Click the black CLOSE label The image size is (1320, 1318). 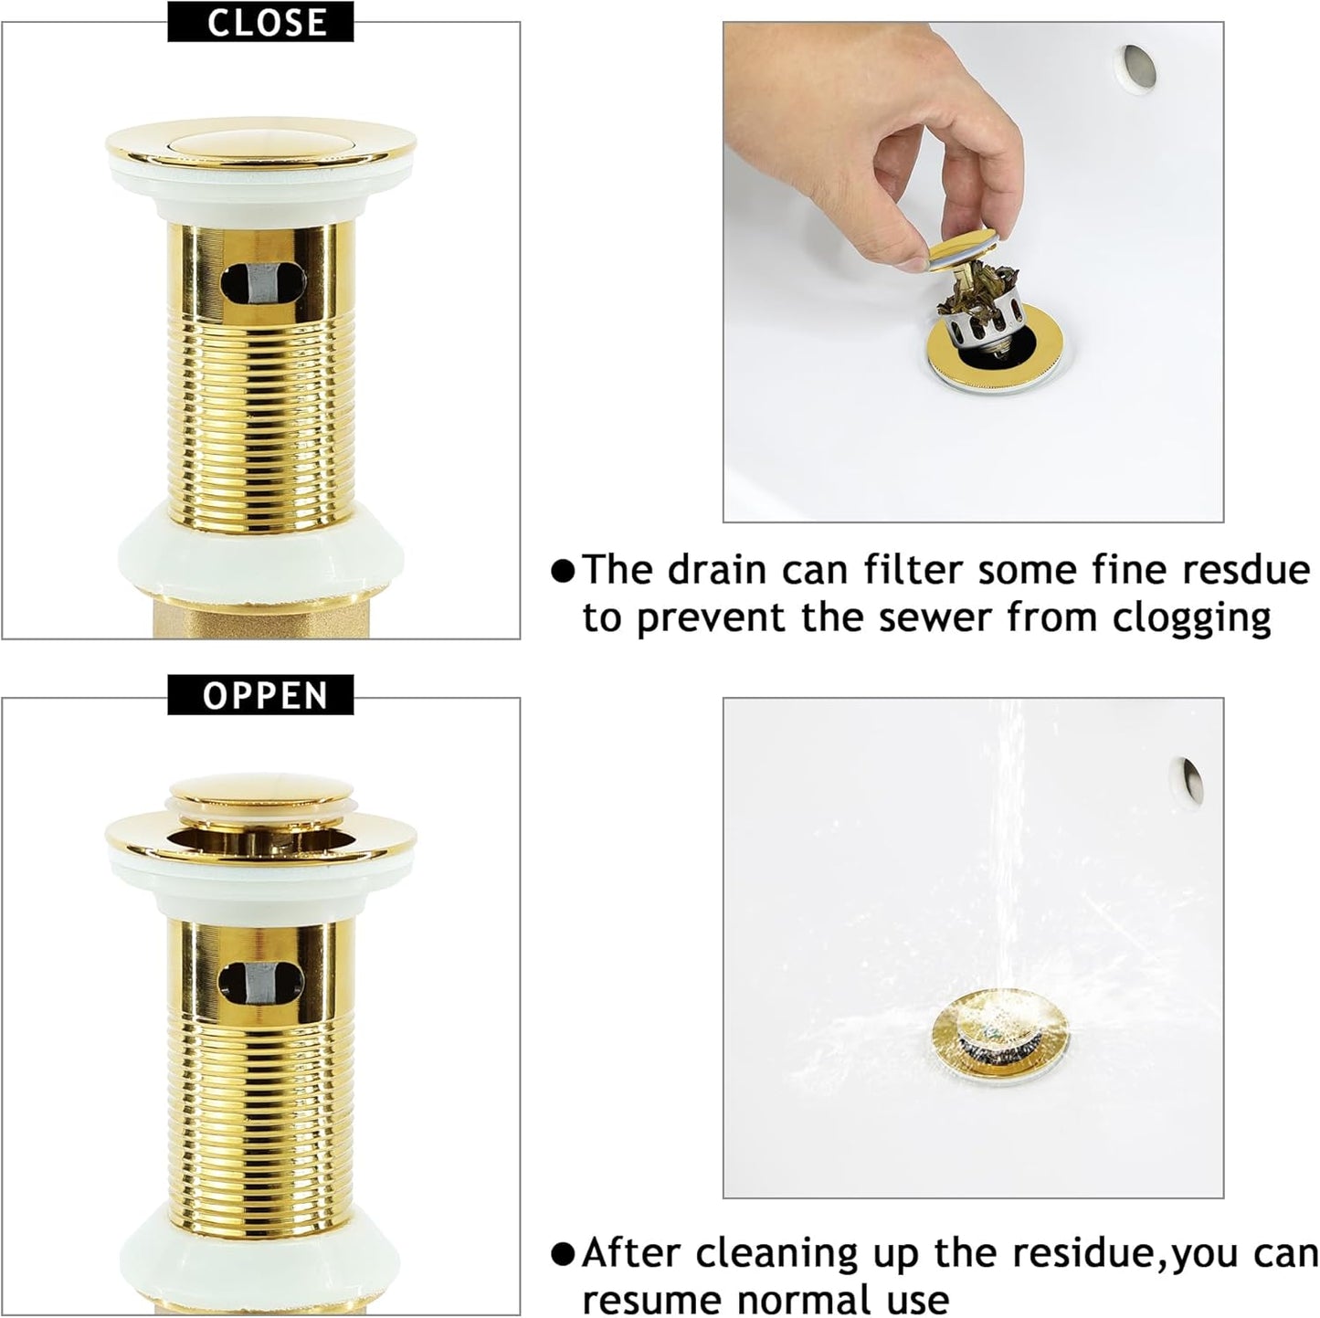tap(260, 22)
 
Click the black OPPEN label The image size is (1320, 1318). tap(260, 696)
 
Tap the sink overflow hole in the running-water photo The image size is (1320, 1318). tap(1188, 781)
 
